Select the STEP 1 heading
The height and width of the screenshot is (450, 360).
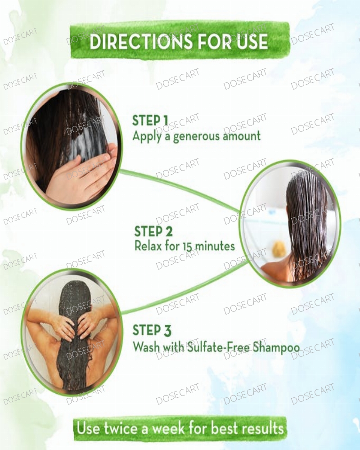150,121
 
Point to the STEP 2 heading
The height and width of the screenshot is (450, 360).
153,231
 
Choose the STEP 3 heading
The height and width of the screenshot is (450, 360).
152,330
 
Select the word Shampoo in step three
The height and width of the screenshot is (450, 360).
277,347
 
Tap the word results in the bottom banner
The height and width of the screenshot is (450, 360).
262,429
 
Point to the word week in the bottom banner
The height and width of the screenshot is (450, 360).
169,429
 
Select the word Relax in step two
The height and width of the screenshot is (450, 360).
148,246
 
